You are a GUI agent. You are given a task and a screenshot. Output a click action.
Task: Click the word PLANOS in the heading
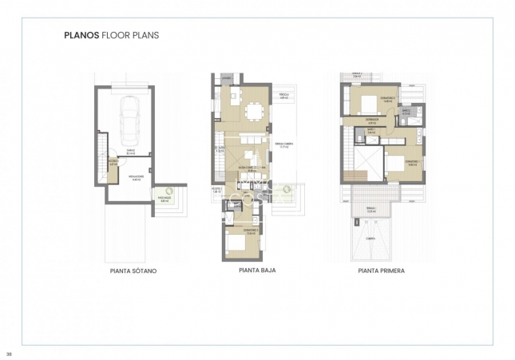[81, 35]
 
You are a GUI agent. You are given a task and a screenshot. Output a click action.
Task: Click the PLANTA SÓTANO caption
[133, 271]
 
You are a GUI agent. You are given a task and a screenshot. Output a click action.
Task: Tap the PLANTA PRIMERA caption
[381, 271]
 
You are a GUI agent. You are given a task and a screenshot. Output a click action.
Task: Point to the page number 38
[9, 352]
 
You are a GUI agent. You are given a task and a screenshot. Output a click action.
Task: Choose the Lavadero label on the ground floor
[227, 78]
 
